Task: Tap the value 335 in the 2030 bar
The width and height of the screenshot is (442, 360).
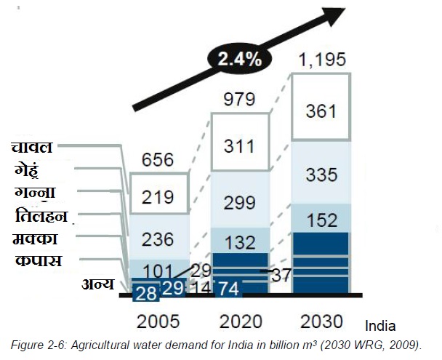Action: (321, 175)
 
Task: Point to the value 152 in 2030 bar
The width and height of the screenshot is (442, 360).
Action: (321, 218)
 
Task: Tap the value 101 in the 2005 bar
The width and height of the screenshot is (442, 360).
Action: (158, 271)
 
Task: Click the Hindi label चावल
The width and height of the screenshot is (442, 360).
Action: (31, 148)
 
